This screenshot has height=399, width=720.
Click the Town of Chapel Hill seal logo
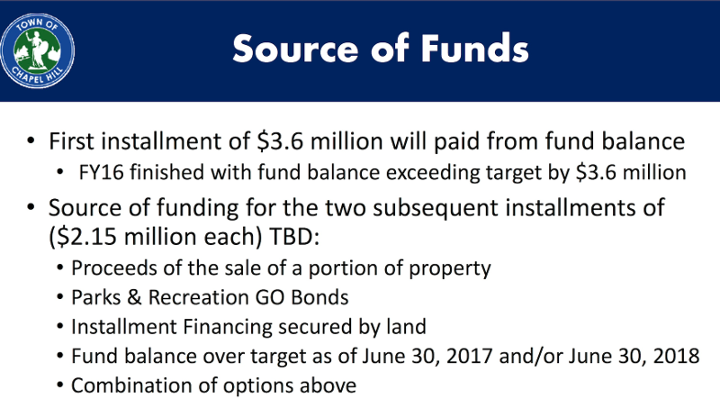[37, 50]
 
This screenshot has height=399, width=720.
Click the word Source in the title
[295, 49]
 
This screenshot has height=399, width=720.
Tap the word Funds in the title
[474, 48]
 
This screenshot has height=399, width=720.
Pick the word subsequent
[435, 208]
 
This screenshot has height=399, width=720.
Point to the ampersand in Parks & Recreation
[134, 298]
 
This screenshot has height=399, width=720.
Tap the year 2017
[469, 357]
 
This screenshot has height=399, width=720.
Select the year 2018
[677, 357]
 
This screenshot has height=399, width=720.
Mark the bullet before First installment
[31, 141]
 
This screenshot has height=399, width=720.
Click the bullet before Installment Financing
[59, 327]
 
